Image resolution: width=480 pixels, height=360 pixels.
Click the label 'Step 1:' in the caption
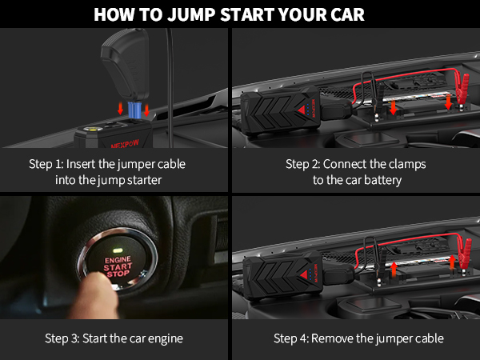46,164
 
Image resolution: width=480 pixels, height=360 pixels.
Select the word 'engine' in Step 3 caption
165,338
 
